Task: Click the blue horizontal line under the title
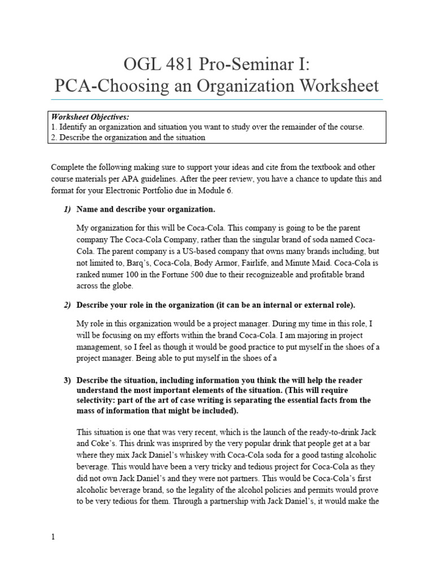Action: (217, 100)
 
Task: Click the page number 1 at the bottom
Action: (53, 537)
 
